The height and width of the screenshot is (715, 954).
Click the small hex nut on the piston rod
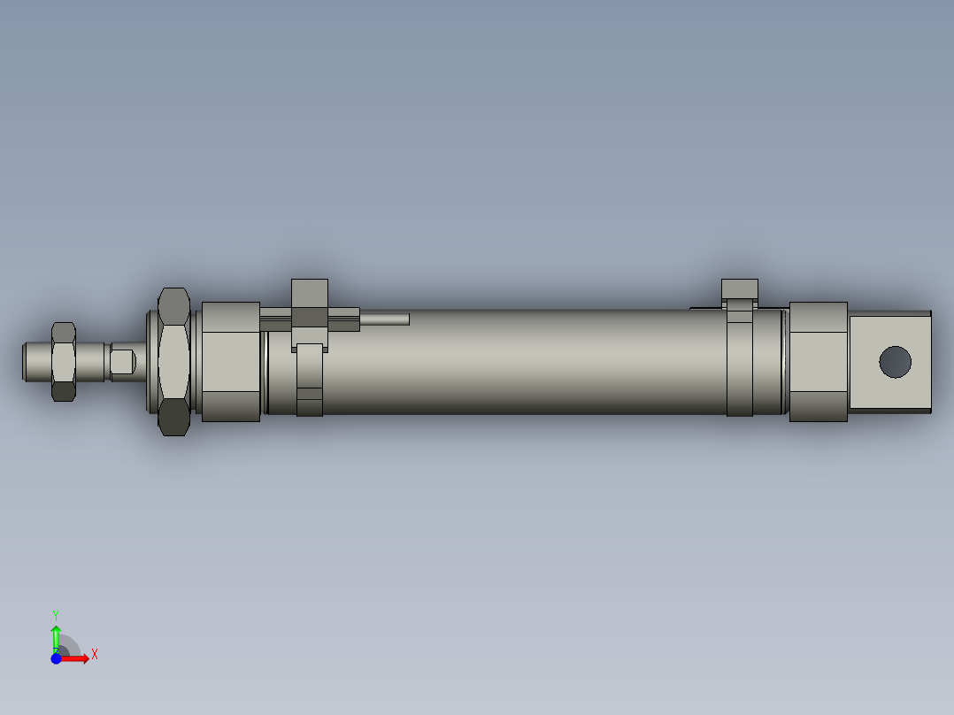64,361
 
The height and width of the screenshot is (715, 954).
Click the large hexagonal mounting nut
173,361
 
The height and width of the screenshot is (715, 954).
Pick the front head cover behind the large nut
230,361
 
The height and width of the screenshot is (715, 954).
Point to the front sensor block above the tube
310,301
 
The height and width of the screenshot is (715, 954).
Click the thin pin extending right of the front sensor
385,318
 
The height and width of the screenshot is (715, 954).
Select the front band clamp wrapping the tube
310,381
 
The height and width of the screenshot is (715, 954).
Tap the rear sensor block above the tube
739,289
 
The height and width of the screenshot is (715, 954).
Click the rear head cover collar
818,361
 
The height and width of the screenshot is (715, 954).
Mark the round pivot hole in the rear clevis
895,361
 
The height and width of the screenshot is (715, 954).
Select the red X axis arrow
76,658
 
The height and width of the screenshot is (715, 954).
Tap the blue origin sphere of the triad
56,658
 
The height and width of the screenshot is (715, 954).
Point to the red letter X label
95,655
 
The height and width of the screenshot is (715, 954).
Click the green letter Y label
55,614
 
